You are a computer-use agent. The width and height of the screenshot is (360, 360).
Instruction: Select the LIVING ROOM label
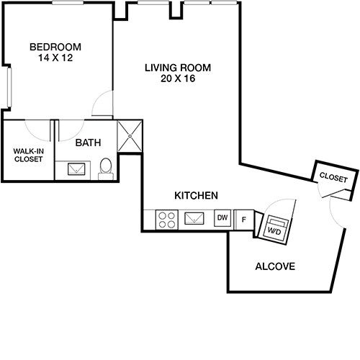177,68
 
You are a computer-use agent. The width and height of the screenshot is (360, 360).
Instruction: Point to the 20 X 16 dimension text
177,79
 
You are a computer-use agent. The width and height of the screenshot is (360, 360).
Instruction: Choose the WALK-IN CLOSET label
27,155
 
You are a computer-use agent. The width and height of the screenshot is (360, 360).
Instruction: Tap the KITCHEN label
197,195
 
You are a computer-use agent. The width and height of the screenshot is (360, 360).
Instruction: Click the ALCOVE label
276,266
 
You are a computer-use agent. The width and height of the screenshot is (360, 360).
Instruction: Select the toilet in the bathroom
106,168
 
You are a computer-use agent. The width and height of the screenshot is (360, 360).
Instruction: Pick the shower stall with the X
130,135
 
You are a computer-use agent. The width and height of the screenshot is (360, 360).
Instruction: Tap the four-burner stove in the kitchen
167,219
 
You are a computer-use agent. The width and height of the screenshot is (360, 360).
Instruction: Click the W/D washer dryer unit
274,227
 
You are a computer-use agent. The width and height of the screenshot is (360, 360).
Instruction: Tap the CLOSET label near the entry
333,176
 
